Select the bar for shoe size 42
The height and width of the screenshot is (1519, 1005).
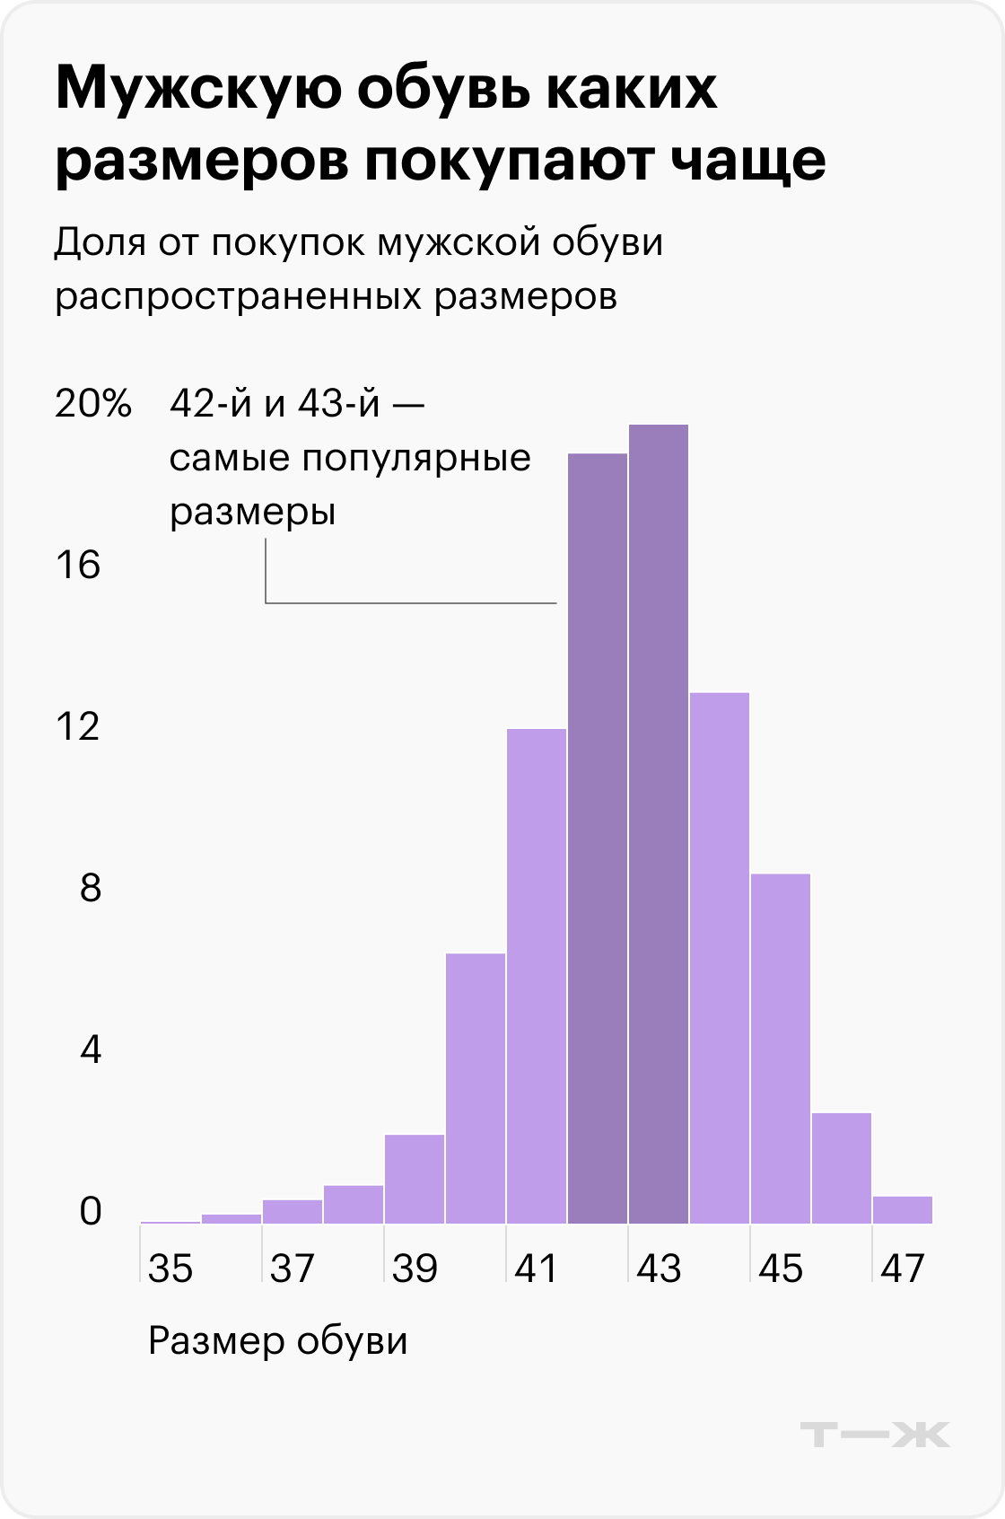click(x=598, y=839)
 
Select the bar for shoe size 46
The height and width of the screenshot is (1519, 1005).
click(x=842, y=1168)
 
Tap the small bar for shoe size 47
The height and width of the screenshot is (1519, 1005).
click(x=903, y=1210)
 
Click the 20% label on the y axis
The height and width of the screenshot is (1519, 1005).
click(x=93, y=404)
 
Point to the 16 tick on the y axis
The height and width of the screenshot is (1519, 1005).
click(x=78, y=566)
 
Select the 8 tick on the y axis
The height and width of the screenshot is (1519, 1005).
click(x=90, y=889)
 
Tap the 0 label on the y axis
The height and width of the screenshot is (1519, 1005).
click(x=90, y=1212)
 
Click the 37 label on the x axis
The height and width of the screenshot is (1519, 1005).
click(x=293, y=1269)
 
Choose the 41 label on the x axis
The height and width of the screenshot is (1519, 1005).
click(x=537, y=1269)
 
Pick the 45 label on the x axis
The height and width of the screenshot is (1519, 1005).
click(x=781, y=1269)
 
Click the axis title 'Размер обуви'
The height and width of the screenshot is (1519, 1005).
click(x=278, y=1341)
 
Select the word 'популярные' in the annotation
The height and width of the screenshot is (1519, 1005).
click(x=416, y=460)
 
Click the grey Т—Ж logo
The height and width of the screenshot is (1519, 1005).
click(x=875, y=1434)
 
